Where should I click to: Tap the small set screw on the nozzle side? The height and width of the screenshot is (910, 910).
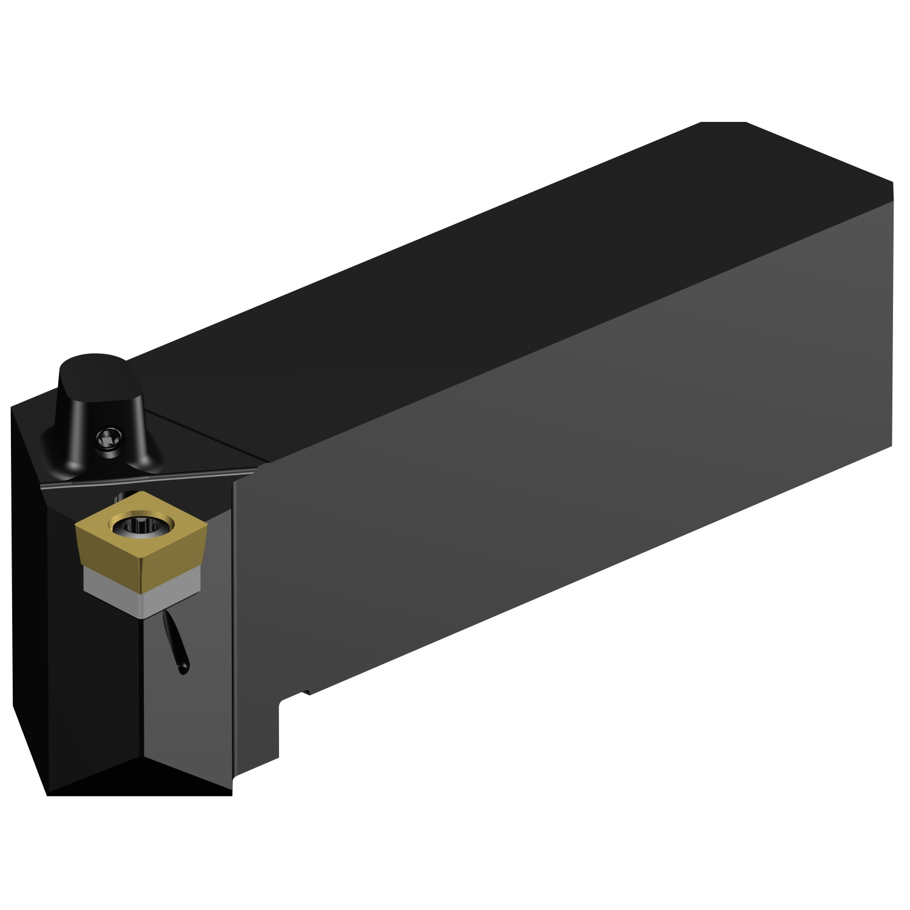pos(109,436)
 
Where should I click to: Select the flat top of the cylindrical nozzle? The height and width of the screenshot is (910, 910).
pos(93,368)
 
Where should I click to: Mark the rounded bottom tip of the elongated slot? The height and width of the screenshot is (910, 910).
pos(183,669)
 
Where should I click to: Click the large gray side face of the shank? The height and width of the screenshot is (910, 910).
pos(546,455)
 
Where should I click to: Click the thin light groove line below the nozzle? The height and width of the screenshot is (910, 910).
pos(146,477)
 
